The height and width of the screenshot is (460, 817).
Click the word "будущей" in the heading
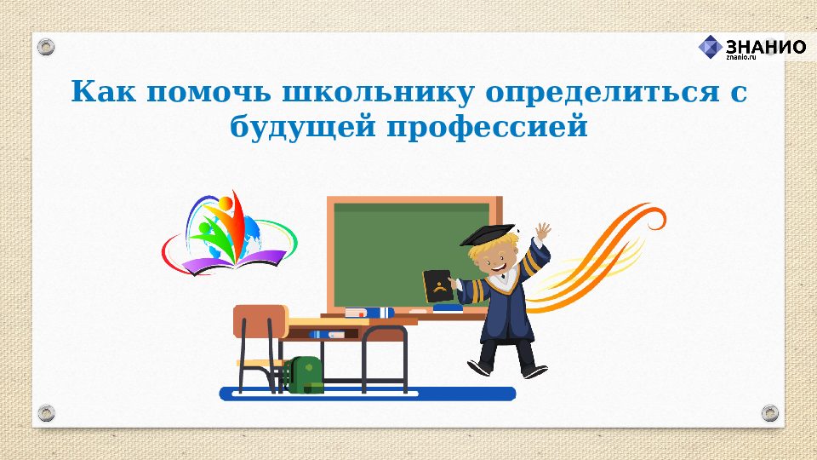pos(301,129)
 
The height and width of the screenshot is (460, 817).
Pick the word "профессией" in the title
pos(488,129)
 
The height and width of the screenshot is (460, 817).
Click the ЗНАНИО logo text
pos(765,47)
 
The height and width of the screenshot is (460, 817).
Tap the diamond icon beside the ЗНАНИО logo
pos(711,48)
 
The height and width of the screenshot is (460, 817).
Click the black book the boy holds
pos(437,286)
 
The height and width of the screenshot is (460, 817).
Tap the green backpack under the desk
pos(304,375)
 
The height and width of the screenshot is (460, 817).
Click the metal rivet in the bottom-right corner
pos(769,413)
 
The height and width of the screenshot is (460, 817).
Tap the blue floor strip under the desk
pos(366,394)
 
